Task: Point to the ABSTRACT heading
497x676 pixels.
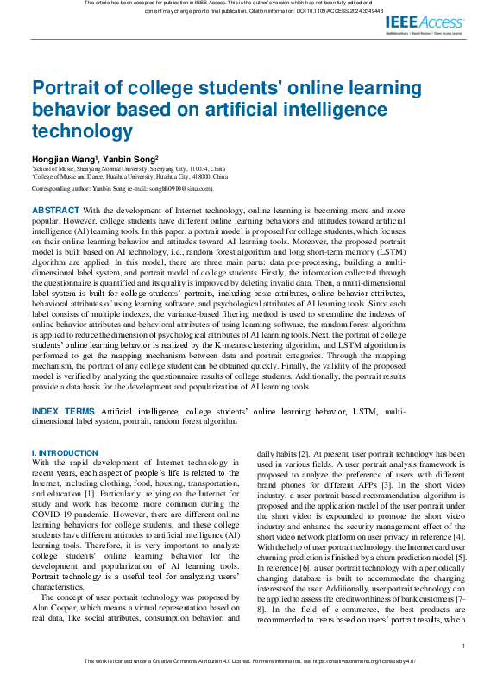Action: pyautogui.click(x=55, y=210)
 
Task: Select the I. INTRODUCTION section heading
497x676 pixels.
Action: pyautogui.click(x=65, y=453)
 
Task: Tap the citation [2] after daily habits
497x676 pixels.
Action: pyautogui.click(x=304, y=453)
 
